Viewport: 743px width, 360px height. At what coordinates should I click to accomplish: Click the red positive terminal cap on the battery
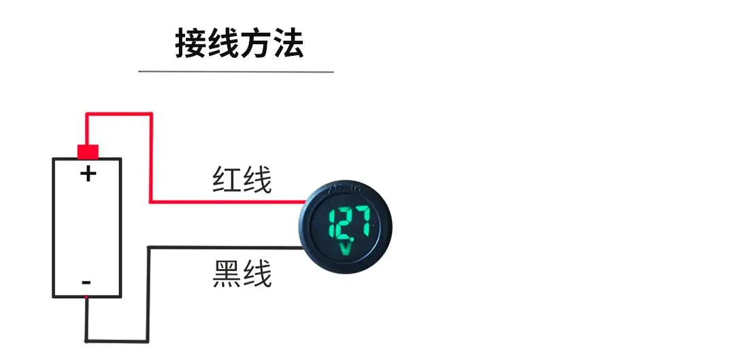point(88,151)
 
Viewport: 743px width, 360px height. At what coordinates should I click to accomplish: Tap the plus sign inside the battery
point(88,174)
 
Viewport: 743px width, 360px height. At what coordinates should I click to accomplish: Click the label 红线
point(242,181)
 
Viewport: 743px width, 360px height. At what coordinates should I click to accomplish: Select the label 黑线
point(242,275)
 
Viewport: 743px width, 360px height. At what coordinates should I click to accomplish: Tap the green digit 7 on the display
point(362,223)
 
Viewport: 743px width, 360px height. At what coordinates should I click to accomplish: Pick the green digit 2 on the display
point(344,223)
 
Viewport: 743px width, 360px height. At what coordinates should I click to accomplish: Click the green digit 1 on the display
point(331,223)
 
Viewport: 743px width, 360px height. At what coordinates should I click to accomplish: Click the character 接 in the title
point(191,44)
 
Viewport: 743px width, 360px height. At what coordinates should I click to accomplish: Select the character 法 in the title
point(287,44)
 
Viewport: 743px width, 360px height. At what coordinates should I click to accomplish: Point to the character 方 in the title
point(255,44)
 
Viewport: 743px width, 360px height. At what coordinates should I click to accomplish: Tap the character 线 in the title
point(223,44)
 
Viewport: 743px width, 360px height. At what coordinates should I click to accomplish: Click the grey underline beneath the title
point(235,71)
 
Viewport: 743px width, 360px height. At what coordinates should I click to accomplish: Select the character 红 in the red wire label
point(227,181)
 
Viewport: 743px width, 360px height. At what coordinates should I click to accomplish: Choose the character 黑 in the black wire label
point(227,275)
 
